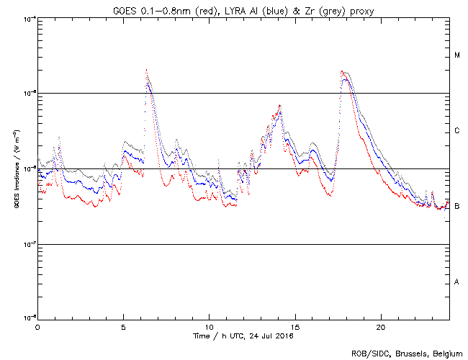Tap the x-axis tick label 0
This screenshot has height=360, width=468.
pos(37,326)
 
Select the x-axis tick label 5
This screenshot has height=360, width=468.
pos(123,326)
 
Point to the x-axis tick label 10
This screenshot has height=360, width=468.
pos(209,326)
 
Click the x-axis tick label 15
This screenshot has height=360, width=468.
pos(294,326)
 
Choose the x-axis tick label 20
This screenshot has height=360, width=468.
pos(380,326)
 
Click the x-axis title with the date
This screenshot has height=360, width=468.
pos(243,336)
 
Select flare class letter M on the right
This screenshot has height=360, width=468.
pos(456,55)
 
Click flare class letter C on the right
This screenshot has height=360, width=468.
pos(456,131)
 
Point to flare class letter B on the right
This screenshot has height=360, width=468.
pos(456,207)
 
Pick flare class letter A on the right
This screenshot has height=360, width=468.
pos(456,282)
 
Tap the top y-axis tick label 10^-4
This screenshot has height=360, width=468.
pos(27,18)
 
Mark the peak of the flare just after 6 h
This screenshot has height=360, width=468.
pos(146,71)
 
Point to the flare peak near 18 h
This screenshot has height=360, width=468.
pos(342,71)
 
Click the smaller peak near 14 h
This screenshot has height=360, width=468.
pos(279,105)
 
